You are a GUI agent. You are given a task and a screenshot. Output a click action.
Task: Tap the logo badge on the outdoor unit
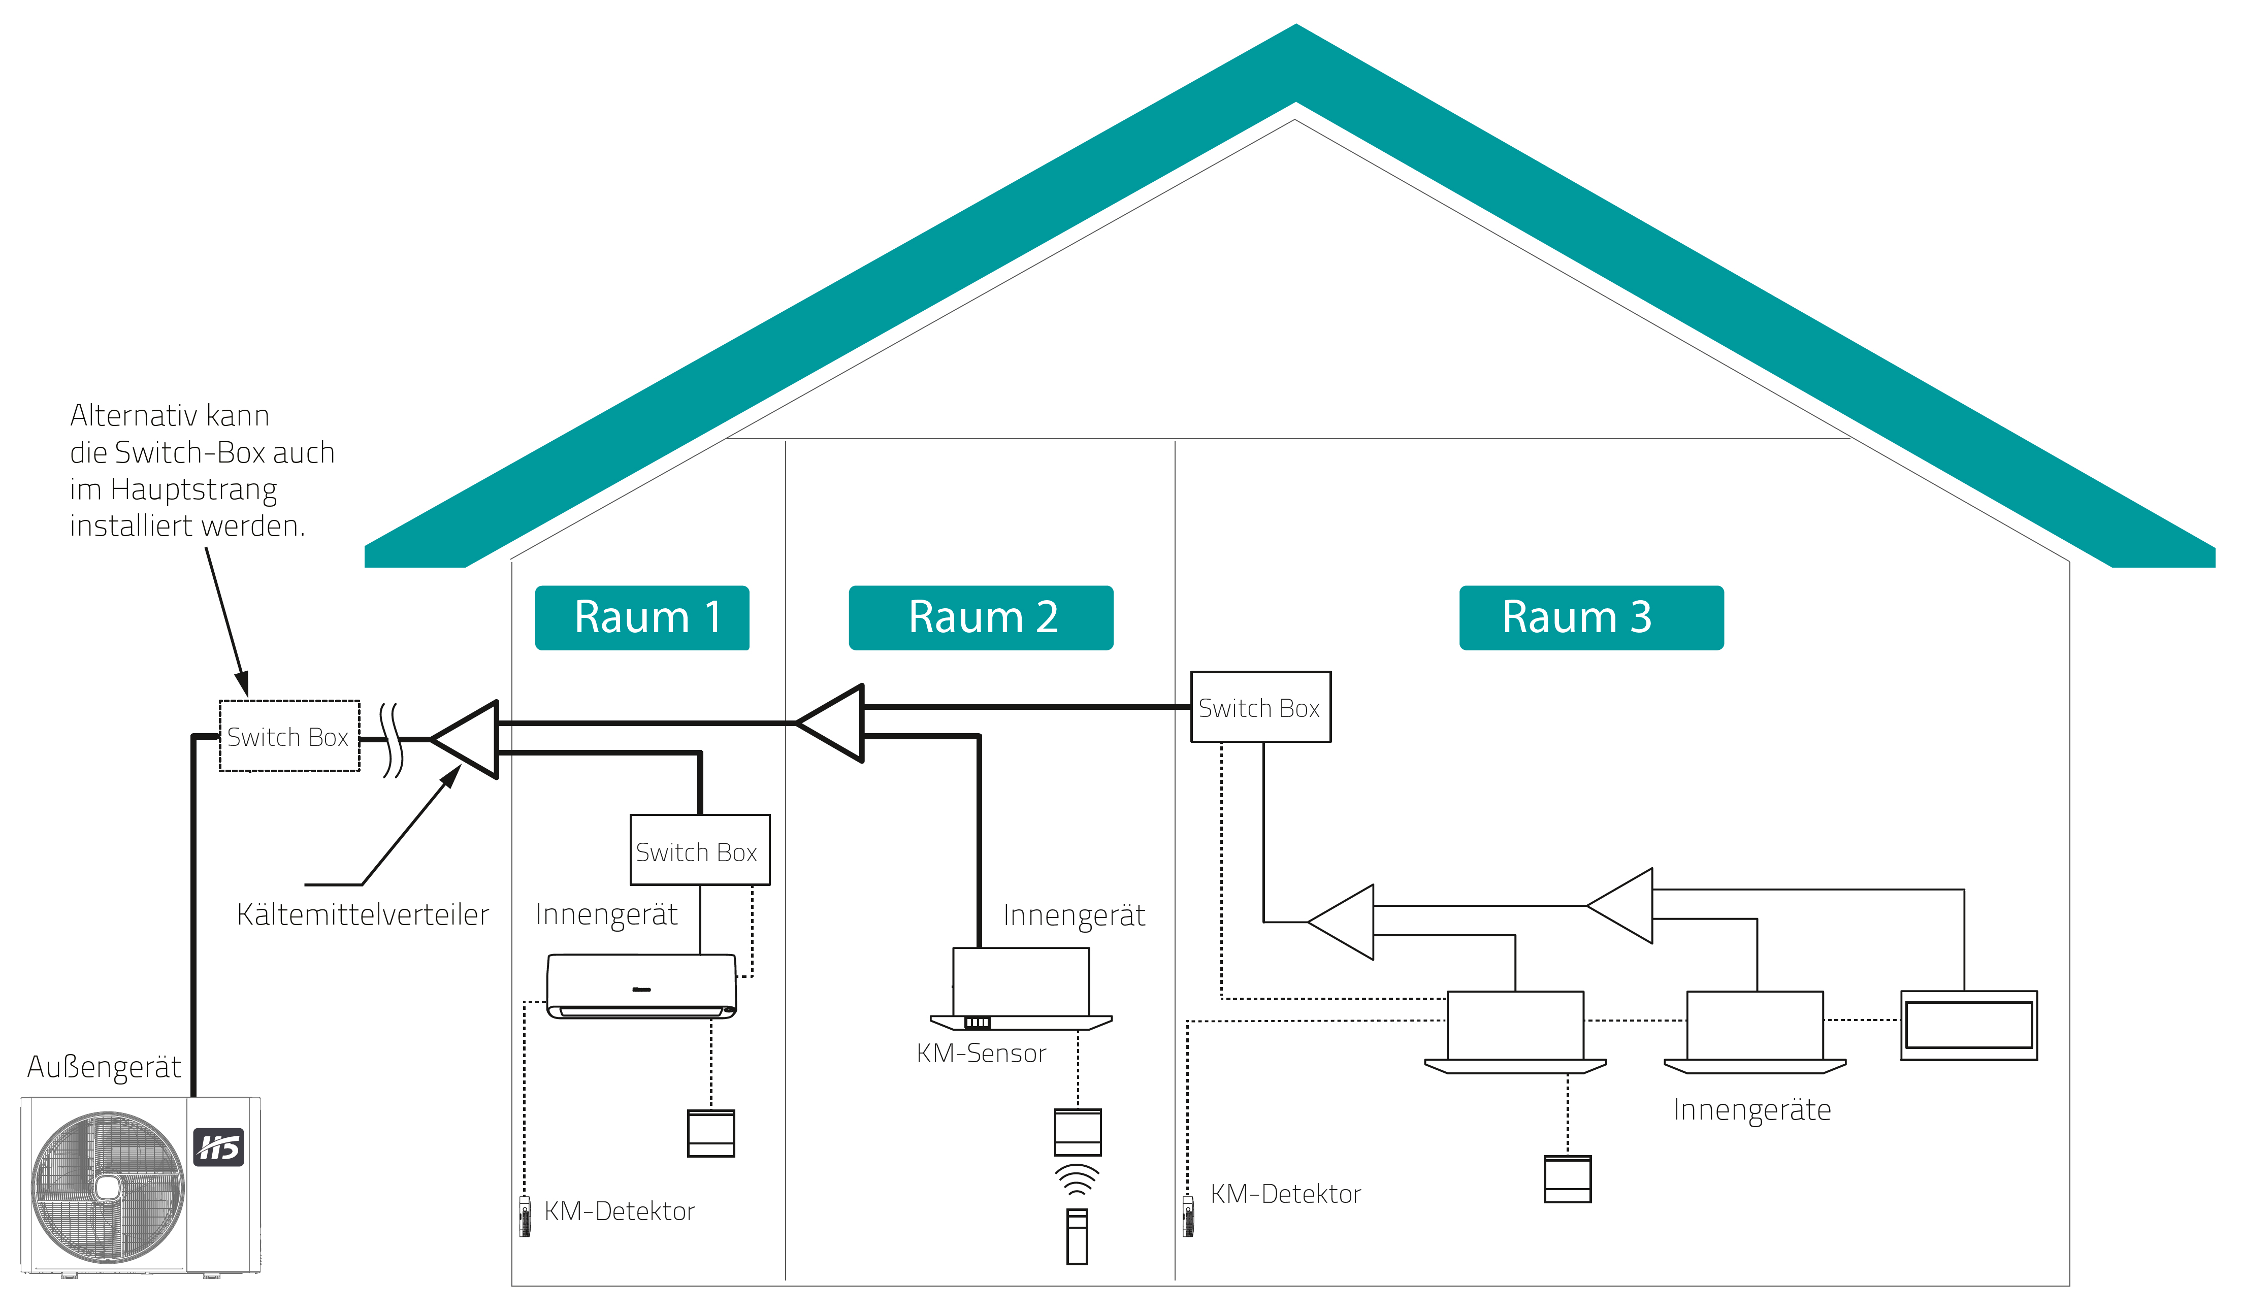pyautogui.click(x=219, y=1147)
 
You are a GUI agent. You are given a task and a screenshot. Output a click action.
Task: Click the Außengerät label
pyautogui.click(x=104, y=1067)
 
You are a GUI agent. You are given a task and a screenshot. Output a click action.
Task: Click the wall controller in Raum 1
pyautogui.click(x=711, y=1133)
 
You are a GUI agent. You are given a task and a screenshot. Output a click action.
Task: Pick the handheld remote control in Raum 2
pyautogui.click(x=1078, y=1236)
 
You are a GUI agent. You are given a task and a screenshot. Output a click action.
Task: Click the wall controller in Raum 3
pyautogui.click(x=1568, y=1179)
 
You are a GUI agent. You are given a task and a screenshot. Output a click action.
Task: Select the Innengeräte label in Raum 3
pyautogui.click(x=1752, y=1110)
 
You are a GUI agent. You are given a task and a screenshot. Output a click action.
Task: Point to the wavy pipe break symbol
pyautogui.click(x=392, y=740)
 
